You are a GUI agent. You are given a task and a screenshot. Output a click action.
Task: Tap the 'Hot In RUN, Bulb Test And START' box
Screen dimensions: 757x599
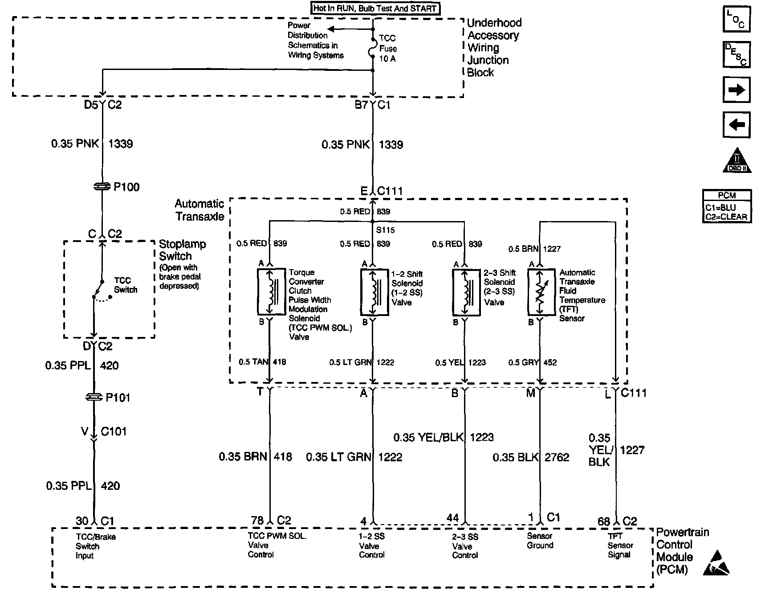click(375, 8)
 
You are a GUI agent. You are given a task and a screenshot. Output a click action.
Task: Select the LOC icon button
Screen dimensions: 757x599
click(736, 20)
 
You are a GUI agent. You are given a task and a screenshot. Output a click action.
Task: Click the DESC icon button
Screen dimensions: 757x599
click(736, 54)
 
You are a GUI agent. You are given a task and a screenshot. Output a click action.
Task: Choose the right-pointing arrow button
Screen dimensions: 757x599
click(736, 90)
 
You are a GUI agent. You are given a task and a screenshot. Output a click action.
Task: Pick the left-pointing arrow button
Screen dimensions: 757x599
click(736, 124)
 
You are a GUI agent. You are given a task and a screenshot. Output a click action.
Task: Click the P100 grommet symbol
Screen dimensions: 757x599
click(102, 187)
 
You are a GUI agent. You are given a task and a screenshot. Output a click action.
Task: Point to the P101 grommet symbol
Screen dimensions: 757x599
click(94, 397)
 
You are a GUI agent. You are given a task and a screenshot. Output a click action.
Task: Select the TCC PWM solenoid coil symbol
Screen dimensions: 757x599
click(271, 291)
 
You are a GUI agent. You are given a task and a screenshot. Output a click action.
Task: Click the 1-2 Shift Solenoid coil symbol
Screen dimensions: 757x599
click(374, 291)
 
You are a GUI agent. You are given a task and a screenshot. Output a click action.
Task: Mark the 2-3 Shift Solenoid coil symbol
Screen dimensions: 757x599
click(466, 291)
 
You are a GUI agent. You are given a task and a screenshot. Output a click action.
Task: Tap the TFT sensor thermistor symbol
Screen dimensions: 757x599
click(541, 291)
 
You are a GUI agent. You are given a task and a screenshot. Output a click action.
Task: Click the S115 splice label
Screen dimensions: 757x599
click(385, 230)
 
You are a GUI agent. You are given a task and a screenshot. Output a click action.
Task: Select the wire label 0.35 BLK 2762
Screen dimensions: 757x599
click(531, 457)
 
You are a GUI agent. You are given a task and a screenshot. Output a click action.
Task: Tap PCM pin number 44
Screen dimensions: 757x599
click(452, 517)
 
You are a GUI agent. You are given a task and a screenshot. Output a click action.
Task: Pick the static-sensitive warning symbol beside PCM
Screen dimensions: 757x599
click(716, 562)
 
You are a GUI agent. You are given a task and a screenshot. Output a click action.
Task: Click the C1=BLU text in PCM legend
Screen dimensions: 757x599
click(720, 208)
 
